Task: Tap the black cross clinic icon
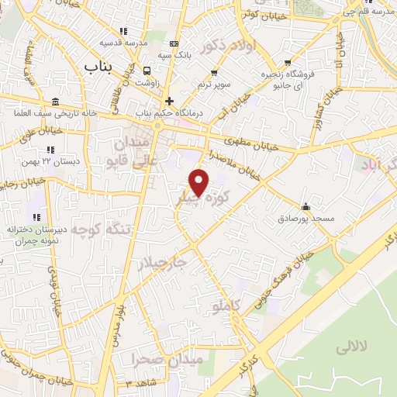pyautogui.click(x=169, y=101)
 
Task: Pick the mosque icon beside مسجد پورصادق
pyautogui.click(x=306, y=206)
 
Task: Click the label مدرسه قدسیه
pyautogui.click(x=126, y=43)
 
